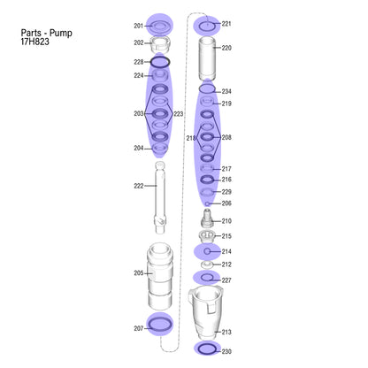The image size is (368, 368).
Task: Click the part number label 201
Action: point(138,26)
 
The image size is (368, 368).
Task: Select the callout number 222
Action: point(138,186)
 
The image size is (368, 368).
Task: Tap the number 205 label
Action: point(138,273)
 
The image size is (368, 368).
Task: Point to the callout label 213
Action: point(226,332)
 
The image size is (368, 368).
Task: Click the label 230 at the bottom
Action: point(226,351)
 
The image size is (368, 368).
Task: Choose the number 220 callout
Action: point(226,48)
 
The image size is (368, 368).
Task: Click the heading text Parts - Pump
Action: point(46,33)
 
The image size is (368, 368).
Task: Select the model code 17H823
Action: point(34,42)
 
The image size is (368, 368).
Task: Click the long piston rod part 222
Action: point(160,198)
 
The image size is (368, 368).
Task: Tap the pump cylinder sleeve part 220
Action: point(207,58)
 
